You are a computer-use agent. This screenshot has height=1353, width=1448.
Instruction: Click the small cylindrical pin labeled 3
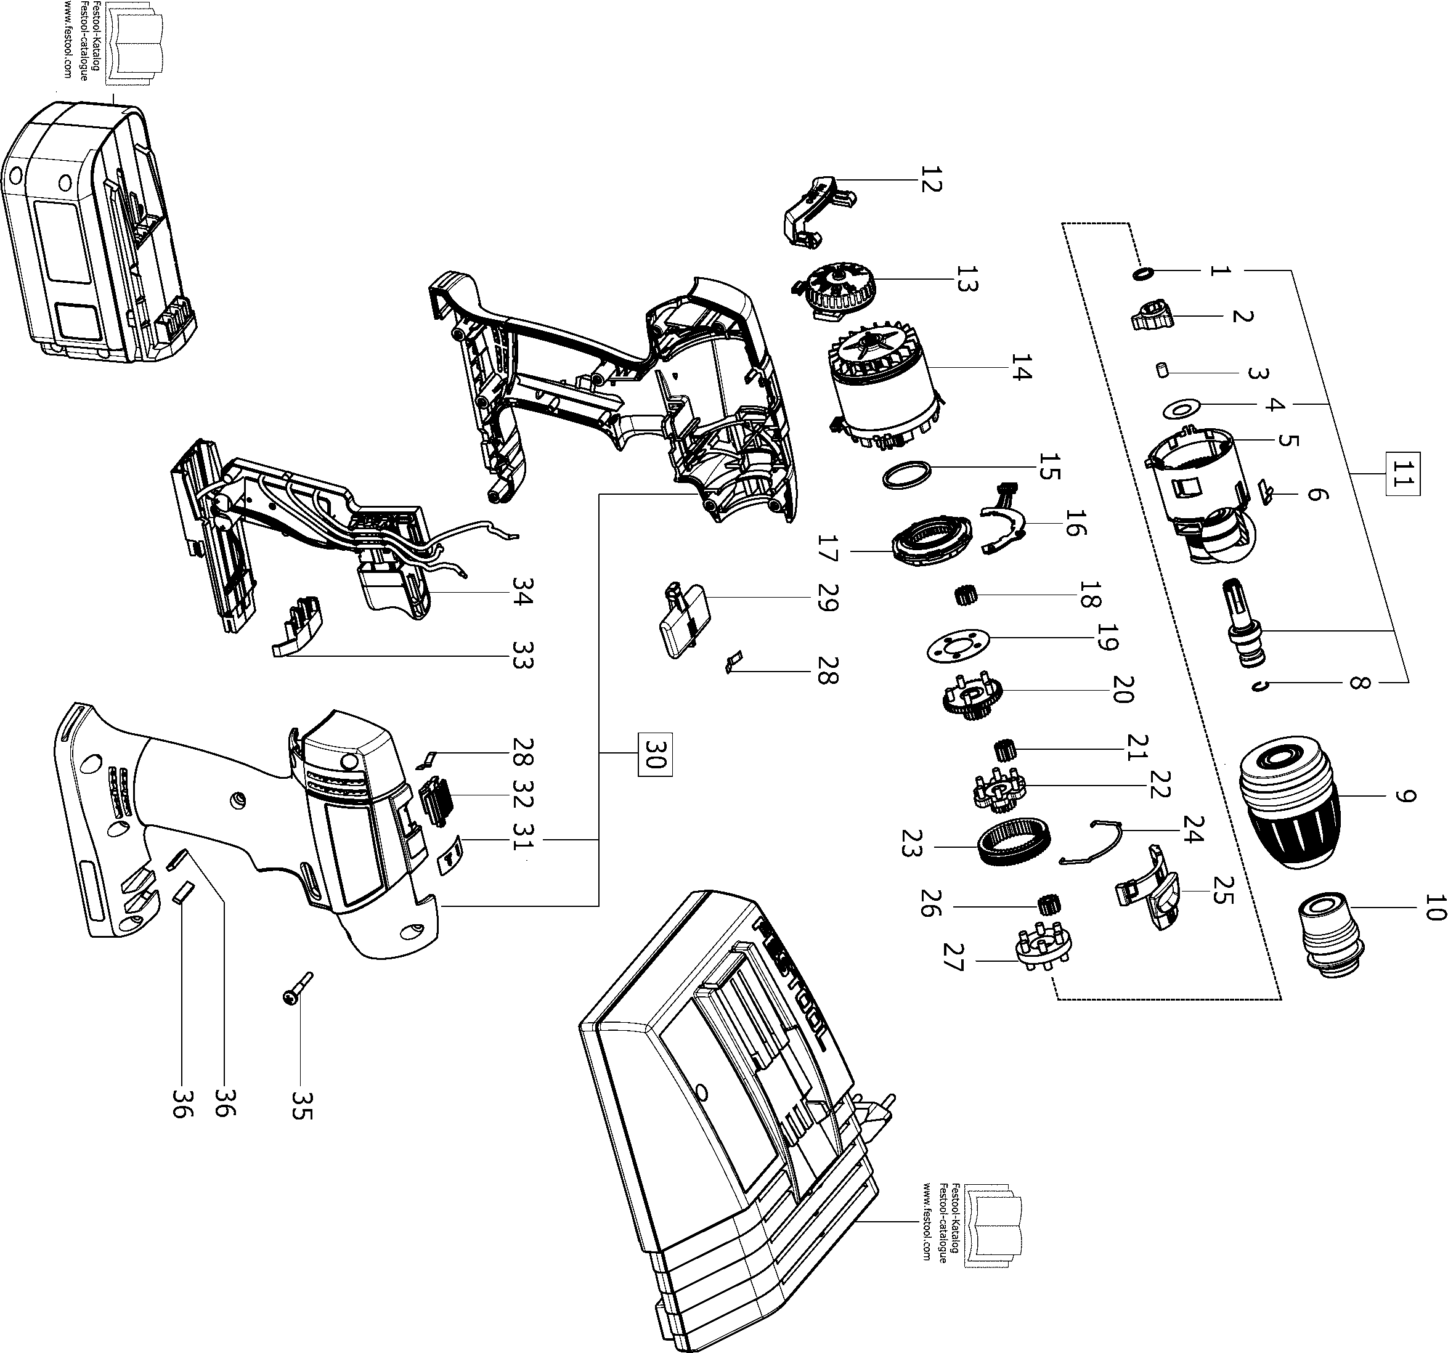1163,372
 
